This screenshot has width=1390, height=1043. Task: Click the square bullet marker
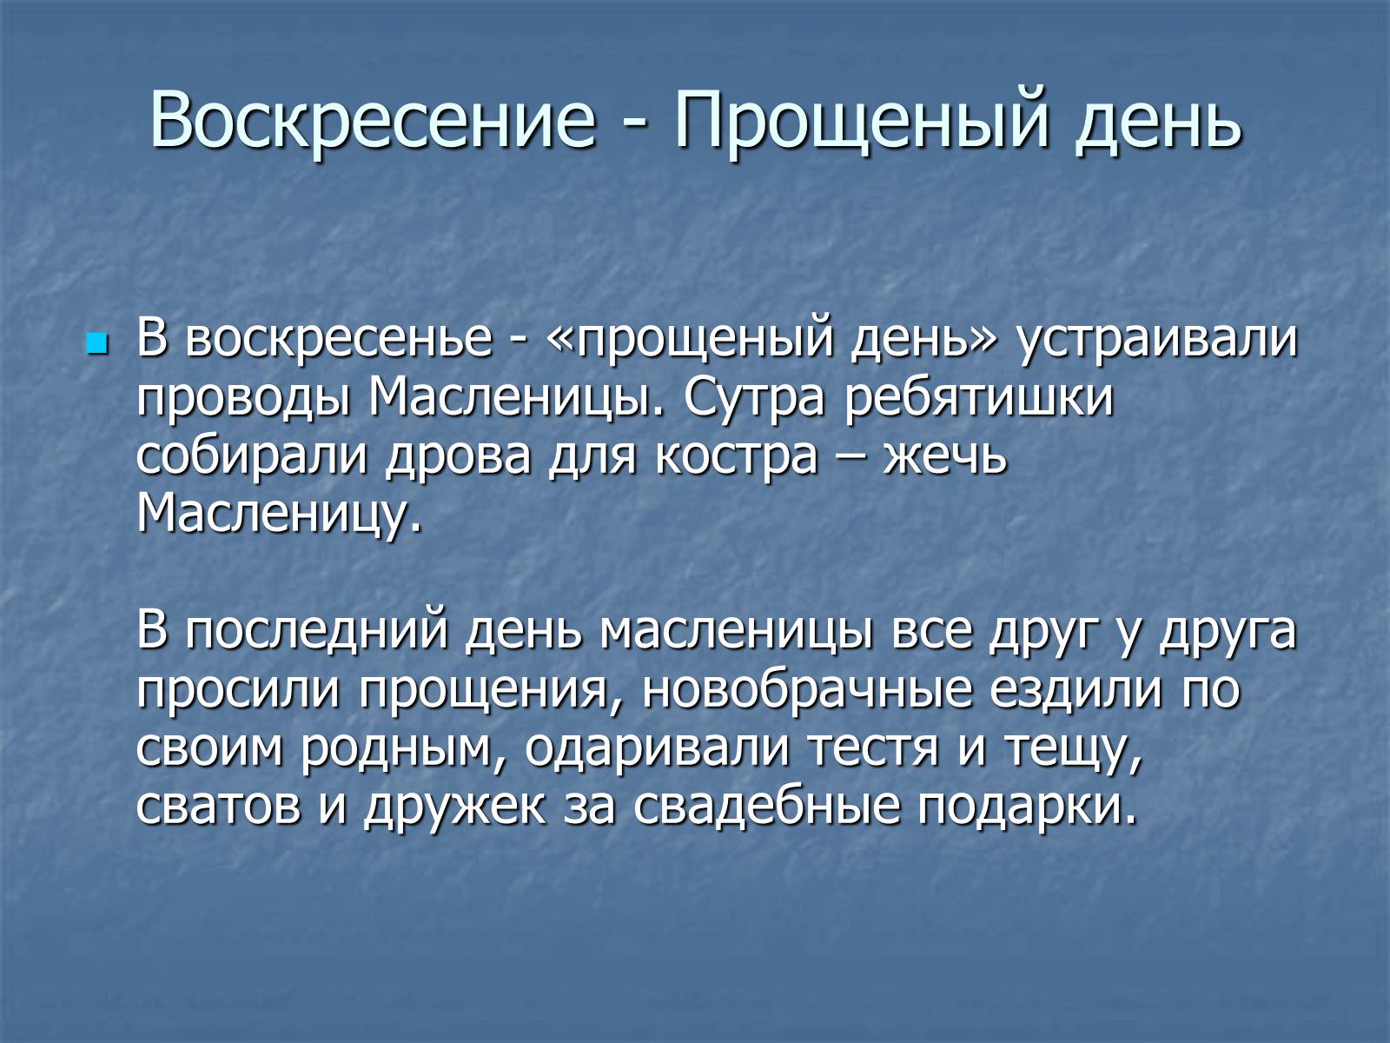coord(96,344)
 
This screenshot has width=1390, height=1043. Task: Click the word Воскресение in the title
coord(373,119)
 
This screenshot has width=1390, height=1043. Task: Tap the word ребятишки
coord(979,398)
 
